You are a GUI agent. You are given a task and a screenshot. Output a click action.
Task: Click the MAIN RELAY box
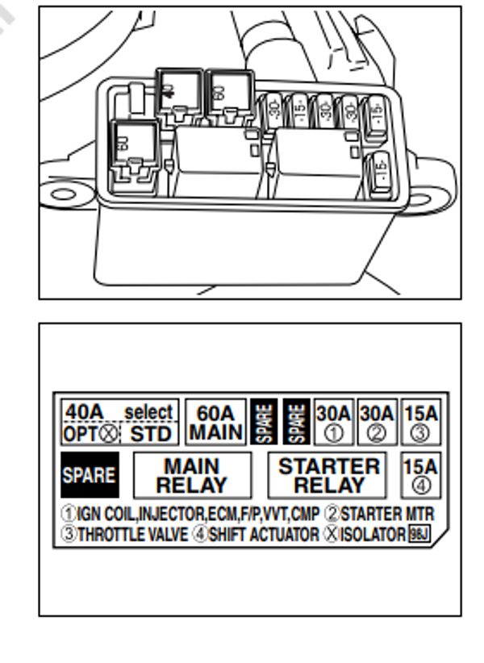(x=191, y=476)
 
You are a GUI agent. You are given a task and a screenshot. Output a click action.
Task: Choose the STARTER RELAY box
(x=328, y=476)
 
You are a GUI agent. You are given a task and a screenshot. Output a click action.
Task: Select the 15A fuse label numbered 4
(x=419, y=475)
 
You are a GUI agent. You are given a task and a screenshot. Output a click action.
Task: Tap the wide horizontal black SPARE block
(x=89, y=475)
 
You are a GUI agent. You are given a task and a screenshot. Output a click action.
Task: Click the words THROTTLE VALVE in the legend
(x=132, y=535)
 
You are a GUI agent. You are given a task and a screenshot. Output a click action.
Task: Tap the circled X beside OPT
(x=111, y=434)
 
